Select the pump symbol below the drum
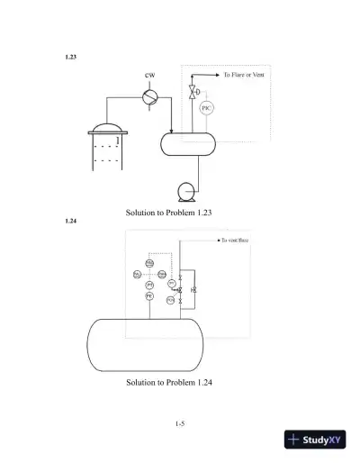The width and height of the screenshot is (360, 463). point(188,190)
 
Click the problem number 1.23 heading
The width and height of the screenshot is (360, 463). point(71,56)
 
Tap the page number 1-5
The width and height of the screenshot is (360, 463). point(180,422)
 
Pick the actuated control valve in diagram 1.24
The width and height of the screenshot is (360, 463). point(179,290)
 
